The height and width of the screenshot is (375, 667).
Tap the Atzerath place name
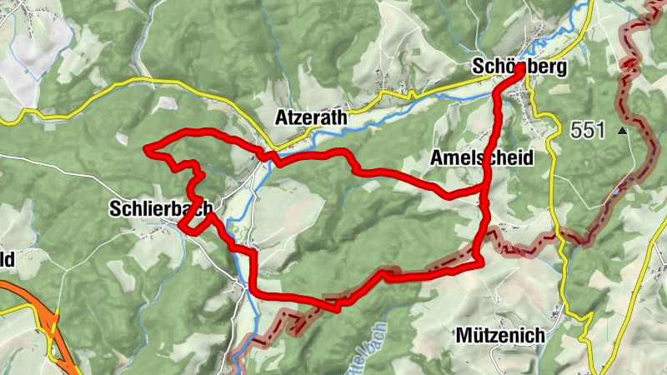point(311,118)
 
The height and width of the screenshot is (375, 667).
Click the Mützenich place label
point(501,336)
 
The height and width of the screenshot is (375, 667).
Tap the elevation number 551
point(588,130)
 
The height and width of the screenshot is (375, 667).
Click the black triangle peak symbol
point(621,131)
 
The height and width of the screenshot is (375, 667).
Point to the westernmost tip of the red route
point(147,149)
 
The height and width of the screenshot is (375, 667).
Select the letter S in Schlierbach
point(114,210)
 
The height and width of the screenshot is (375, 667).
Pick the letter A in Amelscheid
point(435,158)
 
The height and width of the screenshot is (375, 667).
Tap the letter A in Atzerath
point(281,118)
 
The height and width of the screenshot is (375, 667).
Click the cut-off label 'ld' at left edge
point(7,259)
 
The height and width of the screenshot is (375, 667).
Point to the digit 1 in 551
point(603,130)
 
